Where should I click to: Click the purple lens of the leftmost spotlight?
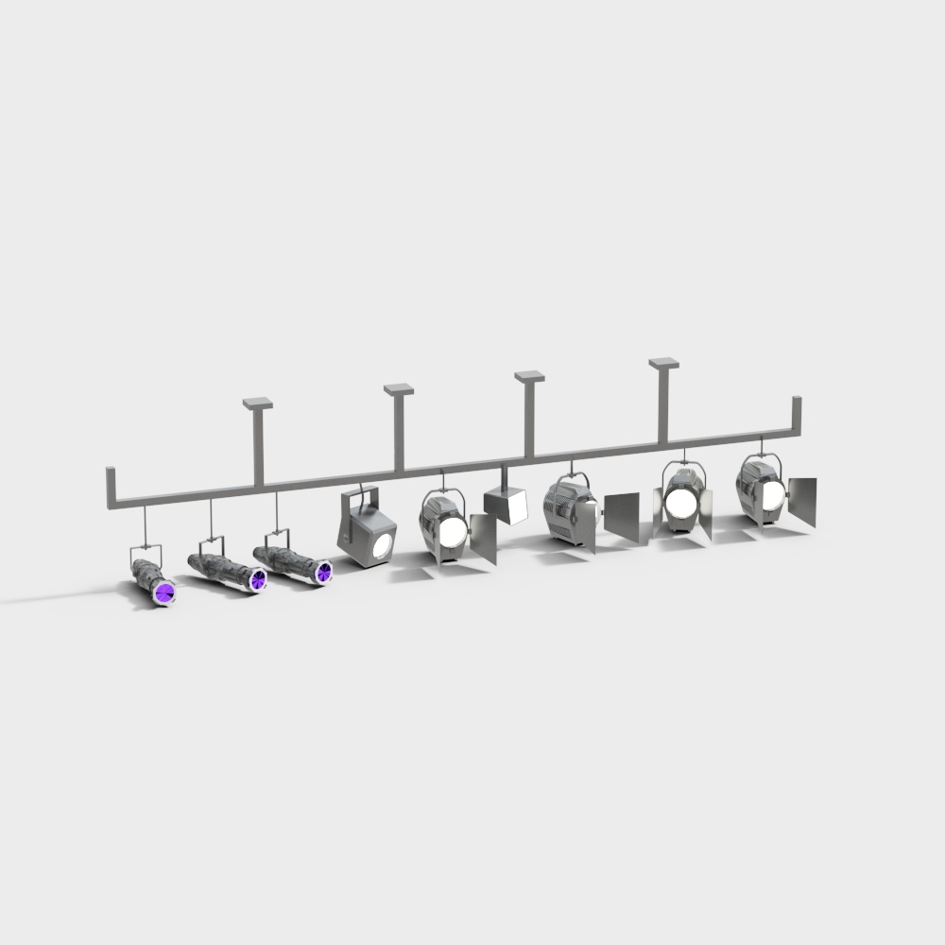click(165, 593)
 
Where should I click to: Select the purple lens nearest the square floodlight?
click(323, 570)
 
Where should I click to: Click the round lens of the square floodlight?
click(381, 545)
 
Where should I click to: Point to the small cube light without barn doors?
click(507, 506)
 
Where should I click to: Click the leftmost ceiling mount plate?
click(257, 404)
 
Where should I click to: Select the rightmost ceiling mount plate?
click(664, 363)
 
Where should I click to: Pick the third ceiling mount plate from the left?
click(529, 376)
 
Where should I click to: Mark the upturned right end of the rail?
click(797, 413)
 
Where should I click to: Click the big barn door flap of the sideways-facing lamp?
click(622, 515)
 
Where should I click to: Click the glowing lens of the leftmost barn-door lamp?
click(451, 531)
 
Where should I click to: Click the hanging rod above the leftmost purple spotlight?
click(144, 524)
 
